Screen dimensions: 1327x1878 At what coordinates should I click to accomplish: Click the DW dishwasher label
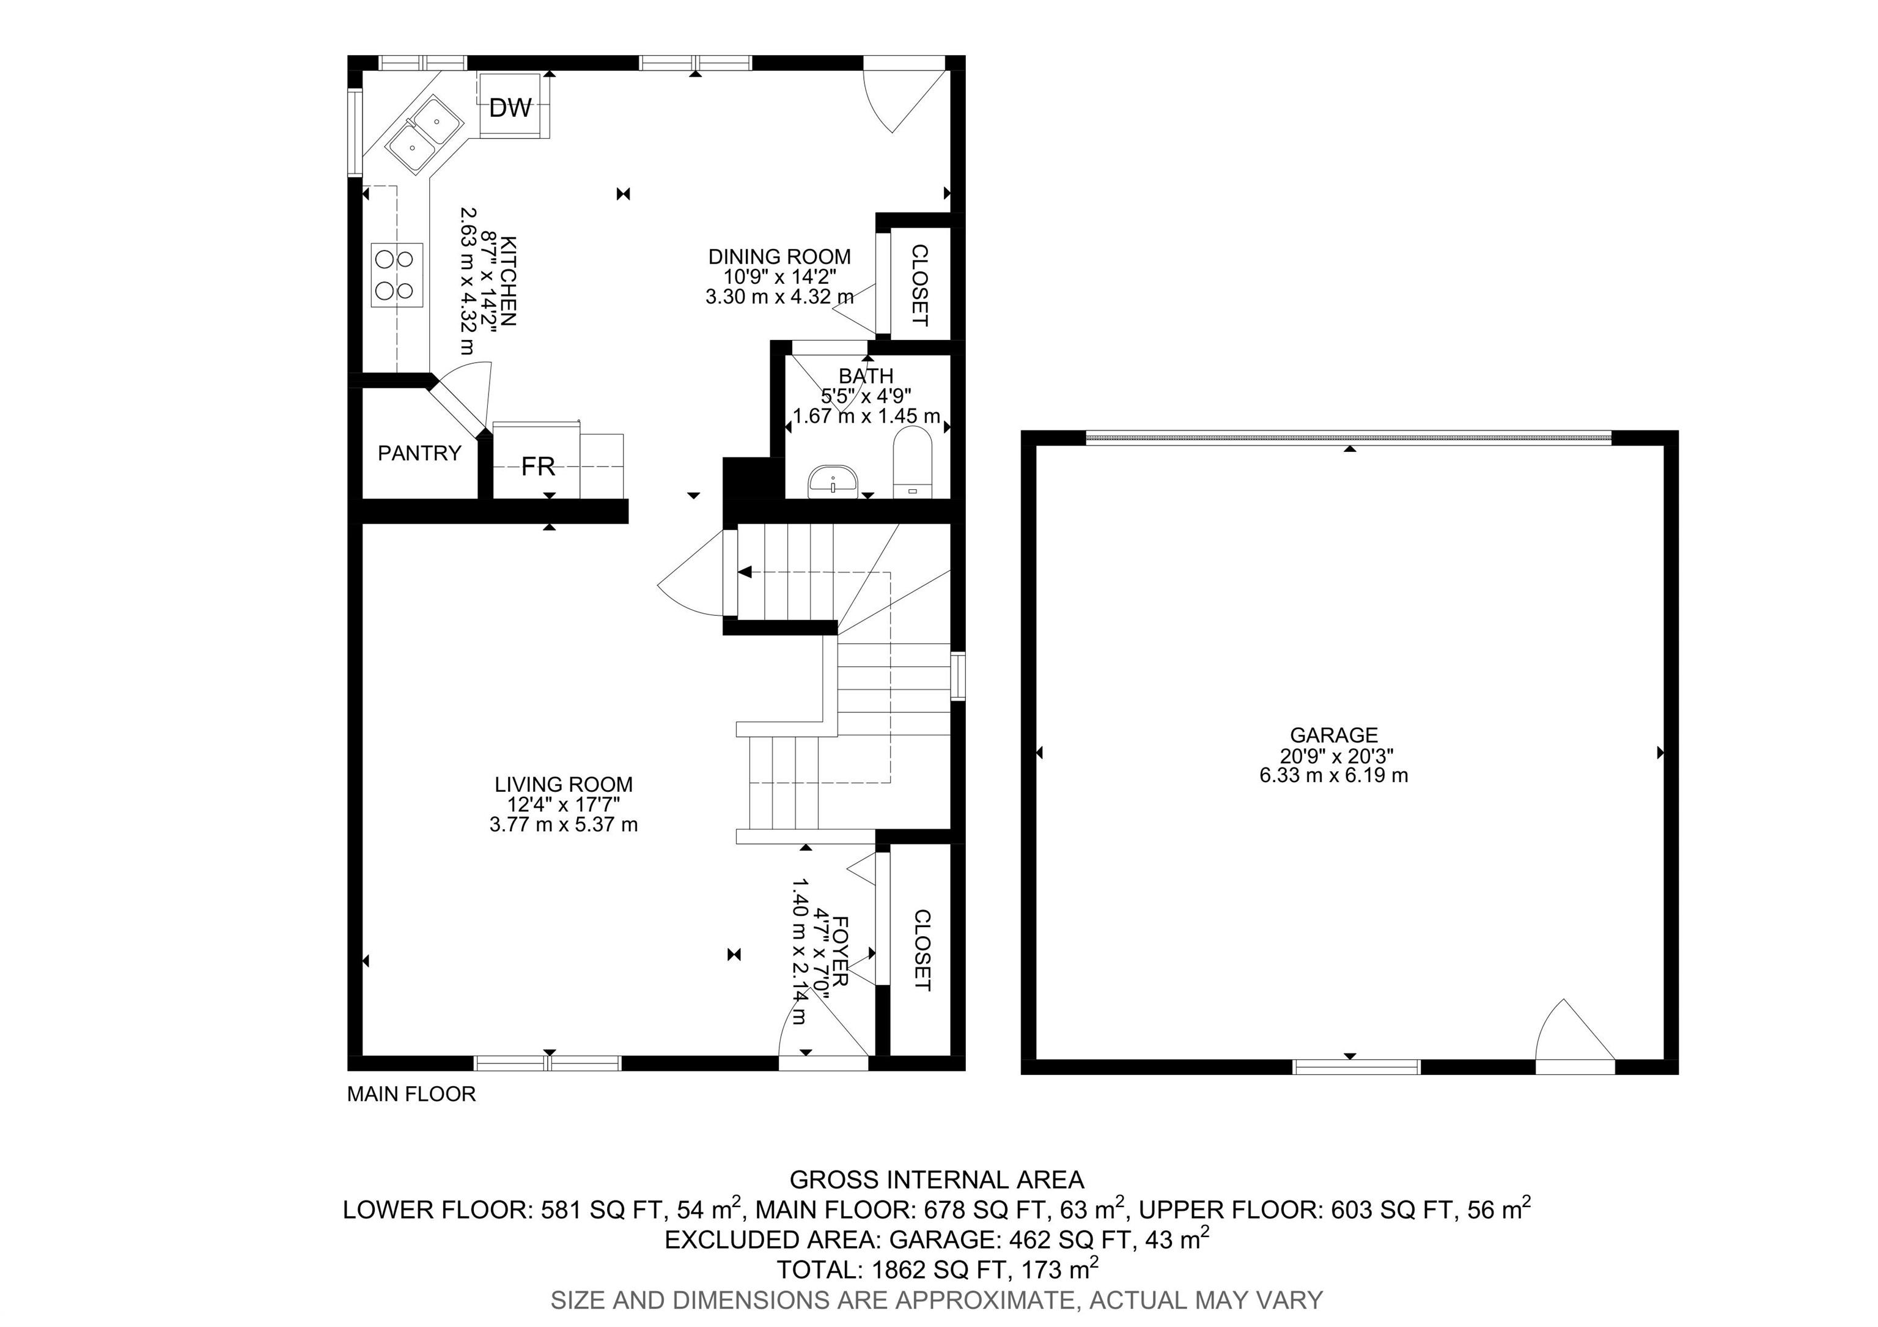tap(510, 107)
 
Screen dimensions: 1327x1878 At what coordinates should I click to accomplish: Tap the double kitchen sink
tap(424, 134)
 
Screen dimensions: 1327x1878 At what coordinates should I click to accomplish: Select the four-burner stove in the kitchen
tap(397, 275)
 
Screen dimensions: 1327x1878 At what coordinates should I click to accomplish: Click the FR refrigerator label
tap(538, 467)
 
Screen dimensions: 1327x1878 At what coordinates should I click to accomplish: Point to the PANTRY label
tap(419, 453)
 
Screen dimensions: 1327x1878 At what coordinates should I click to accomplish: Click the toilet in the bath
tap(912, 462)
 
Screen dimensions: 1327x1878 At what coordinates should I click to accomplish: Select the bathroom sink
tap(832, 481)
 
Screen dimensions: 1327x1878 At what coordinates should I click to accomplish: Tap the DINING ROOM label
tap(779, 257)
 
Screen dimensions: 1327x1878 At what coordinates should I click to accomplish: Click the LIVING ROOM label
tap(564, 785)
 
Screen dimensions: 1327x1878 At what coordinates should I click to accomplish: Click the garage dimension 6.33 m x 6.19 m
tap(1334, 775)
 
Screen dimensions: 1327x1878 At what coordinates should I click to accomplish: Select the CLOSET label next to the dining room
tap(920, 285)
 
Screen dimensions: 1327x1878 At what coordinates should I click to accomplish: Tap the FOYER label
tap(841, 951)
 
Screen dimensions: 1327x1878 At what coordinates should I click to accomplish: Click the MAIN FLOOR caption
tap(411, 1094)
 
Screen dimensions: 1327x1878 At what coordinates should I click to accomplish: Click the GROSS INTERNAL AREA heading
tap(937, 1180)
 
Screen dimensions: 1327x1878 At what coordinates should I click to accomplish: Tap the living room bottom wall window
tap(548, 1063)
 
